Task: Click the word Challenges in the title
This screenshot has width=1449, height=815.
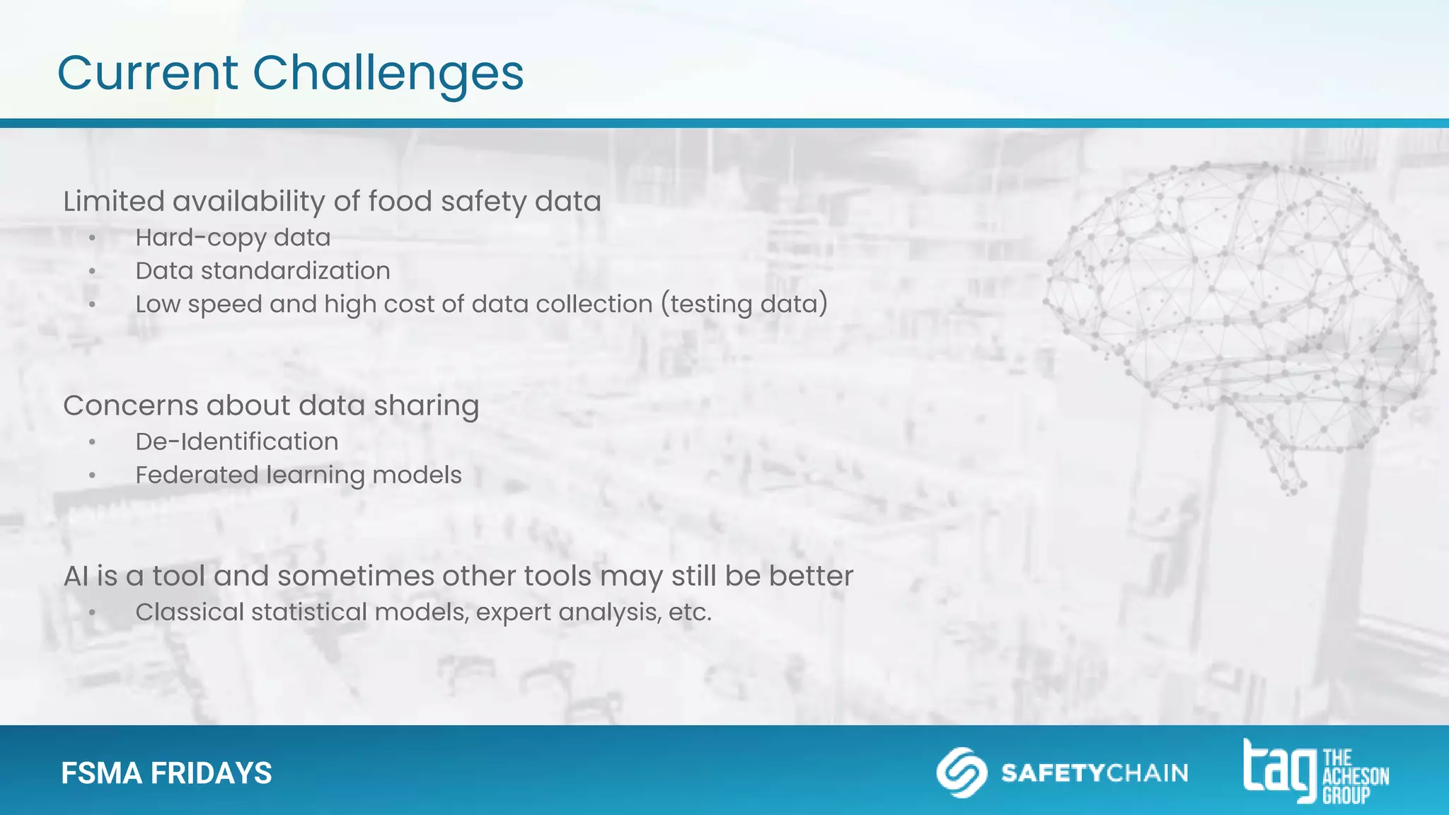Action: pos(388,74)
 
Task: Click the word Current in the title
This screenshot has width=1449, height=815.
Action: pos(148,74)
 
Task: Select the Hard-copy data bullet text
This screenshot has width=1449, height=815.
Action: pos(233,238)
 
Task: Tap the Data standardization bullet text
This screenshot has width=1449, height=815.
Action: pos(262,271)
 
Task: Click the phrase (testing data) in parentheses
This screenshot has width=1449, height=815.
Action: pos(744,304)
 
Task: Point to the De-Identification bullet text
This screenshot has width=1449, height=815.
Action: pos(236,441)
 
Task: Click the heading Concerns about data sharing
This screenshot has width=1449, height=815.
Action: pos(271,405)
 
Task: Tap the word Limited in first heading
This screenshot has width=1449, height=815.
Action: pos(113,202)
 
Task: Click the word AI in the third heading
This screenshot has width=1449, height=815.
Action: pos(76,576)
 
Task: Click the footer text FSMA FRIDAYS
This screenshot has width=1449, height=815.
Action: pos(166,773)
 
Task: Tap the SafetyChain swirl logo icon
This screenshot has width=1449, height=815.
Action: pos(961,773)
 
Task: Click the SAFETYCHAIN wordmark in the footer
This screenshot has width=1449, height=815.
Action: pos(1095,773)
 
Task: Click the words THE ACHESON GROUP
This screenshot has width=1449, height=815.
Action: pos(1354,777)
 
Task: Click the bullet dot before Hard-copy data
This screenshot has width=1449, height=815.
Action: pos(92,238)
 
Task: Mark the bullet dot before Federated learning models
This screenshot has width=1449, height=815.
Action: pos(92,475)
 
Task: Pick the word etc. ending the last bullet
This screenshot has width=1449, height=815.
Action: pos(690,612)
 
